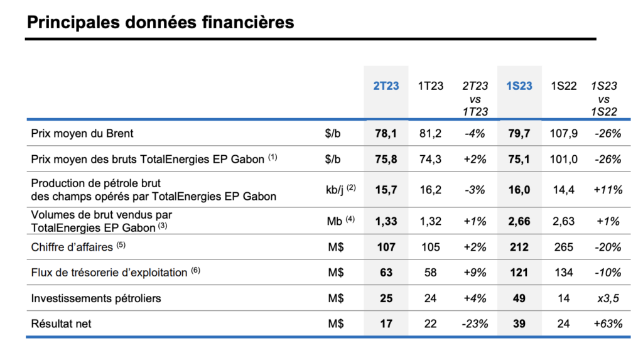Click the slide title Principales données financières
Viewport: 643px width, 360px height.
click(x=160, y=23)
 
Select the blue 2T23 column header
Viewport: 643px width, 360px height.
click(x=386, y=85)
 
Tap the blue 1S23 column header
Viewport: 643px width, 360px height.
click(x=519, y=85)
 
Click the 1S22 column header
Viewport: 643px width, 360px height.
click(x=563, y=85)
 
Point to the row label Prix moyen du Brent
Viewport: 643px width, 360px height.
click(x=82, y=133)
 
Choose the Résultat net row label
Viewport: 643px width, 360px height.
click(x=62, y=324)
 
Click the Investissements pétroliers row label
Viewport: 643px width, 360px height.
click(x=96, y=298)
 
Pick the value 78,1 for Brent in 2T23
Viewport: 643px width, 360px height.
click(x=386, y=133)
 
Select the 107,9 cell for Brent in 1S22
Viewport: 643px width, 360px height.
click(x=564, y=133)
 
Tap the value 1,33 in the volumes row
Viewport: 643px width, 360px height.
click(x=386, y=221)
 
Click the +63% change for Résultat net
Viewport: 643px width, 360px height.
click(x=607, y=324)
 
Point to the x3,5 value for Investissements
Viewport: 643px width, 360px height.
click(x=607, y=298)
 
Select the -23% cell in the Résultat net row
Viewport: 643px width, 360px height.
click(x=475, y=324)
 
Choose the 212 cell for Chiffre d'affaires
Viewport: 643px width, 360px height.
click(x=519, y=247)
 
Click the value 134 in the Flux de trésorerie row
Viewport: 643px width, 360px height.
click(x=564, y=273)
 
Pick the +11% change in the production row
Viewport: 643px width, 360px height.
click(x=607, y=189)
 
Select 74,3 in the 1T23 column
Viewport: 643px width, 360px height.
click(x=430, y=159)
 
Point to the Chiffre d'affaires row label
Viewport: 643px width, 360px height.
click(x=73, y=248)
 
